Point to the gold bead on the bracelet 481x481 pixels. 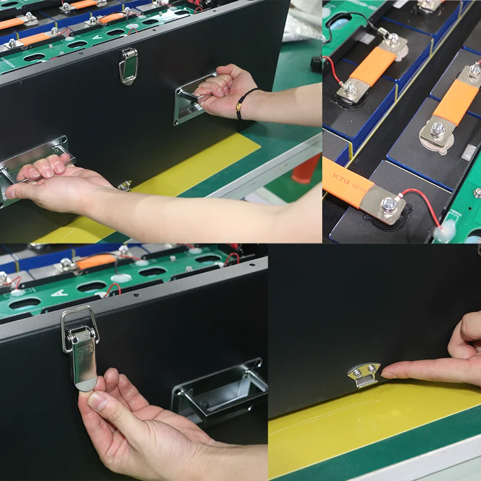coord(239,111)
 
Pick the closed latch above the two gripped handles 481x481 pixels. coord(128,66)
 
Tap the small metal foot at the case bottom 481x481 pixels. coord(125,185)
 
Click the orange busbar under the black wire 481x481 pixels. coord(372,66)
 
